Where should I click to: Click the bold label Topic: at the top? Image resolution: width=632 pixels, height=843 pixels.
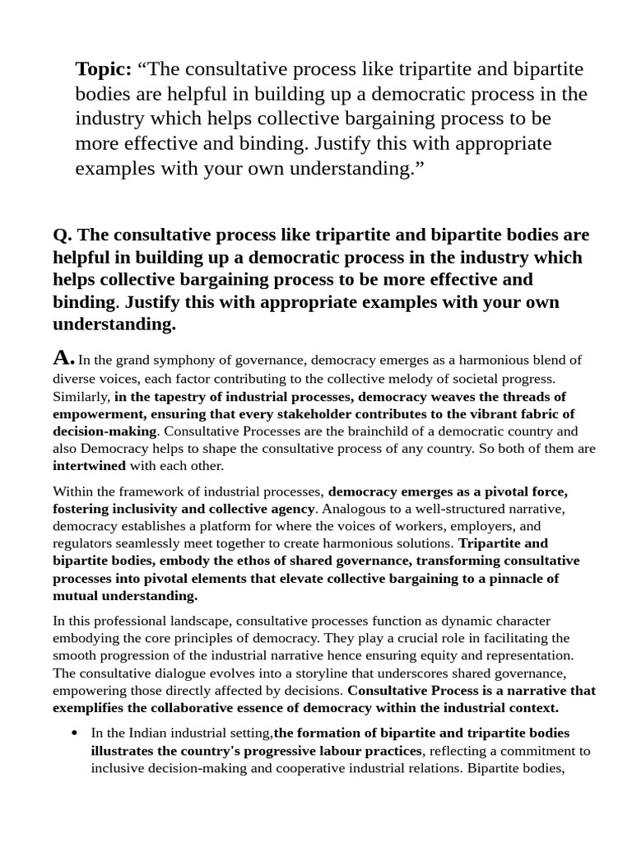click(x=104, y=70)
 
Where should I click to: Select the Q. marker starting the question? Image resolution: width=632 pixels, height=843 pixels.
click(x=63, y=235)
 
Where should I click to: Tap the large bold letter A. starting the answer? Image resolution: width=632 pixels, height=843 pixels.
click(x=64, y=358)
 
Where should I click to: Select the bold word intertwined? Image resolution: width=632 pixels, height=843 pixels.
click(x=86, y=466)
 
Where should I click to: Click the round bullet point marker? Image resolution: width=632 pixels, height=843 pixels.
click(x=76, y=733)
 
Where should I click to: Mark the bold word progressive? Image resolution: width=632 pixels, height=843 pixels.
click(x=298, y=751)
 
